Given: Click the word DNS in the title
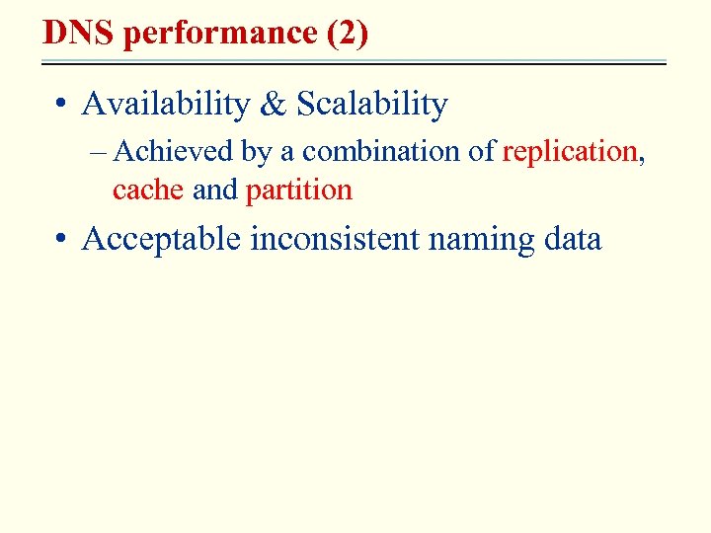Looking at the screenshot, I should (x=79, y=33).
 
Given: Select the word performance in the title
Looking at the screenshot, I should (x=217, y=33).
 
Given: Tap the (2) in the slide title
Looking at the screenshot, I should (x=347, y=33).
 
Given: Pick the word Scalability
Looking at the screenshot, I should (x=372, y=104).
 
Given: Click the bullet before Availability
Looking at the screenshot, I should (x=62, y=105).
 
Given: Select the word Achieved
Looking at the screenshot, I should (x=175, y=152).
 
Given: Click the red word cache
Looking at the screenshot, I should (x=148, y=189).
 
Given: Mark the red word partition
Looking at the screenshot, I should (x=298, y=189).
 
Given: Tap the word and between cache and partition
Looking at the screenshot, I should (x=215, y=189).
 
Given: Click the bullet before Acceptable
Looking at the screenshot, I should (x=62, y=240).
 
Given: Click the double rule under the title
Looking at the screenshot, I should (x=355, y=63).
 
